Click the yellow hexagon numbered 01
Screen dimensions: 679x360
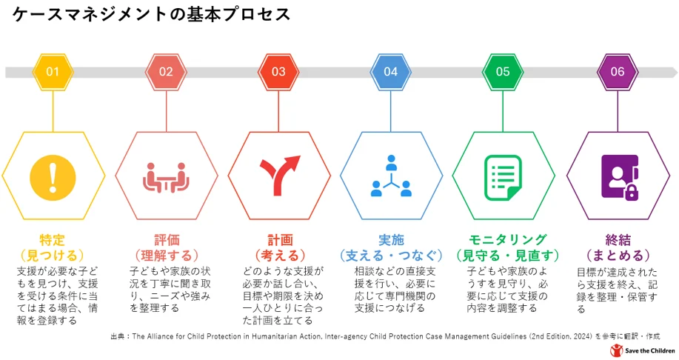click(53, 72)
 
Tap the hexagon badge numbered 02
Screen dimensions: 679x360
click(166, 72)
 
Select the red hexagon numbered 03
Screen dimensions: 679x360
click(278, 72)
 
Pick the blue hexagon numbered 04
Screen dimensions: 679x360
click(391, 72)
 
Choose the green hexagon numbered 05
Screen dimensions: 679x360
click(503, 72)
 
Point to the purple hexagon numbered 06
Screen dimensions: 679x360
click(618, 72)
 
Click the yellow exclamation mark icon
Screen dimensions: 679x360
click(53, 178)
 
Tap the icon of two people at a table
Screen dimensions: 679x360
click(166, 178)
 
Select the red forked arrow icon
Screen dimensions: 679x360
click(280, 176)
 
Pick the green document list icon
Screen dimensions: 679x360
click(503, 178)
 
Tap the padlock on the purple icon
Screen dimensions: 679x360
click(632, 191)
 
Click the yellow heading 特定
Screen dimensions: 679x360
click(52, 240)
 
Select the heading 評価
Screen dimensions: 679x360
click(167, 240)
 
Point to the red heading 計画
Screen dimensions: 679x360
click(280, 240)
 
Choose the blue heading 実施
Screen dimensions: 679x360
click(391, 240)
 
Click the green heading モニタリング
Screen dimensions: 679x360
click(507, 239)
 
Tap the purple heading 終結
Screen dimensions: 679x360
click(618, 240)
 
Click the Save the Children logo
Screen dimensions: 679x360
click(642, 350)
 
